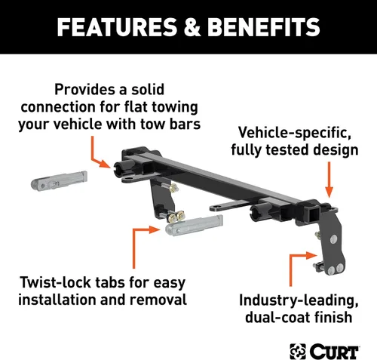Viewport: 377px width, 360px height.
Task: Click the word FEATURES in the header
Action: click(117, 27)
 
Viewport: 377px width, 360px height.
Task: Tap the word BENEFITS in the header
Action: click(264, 27)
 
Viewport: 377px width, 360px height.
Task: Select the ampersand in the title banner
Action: click(192, 27)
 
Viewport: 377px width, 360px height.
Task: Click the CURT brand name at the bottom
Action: click(334, 351)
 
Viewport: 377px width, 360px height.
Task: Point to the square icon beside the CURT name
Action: click(298, 351)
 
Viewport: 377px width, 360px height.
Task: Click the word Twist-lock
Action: click(55, 282)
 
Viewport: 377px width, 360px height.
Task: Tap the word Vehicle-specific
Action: click(295, 132)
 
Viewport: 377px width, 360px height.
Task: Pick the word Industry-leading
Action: click(299, 300)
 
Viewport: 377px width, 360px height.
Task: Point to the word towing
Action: click(175, 107)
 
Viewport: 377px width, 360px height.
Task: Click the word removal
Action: click(158, 300)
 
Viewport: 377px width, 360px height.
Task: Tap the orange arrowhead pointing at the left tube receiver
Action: click(105, 164)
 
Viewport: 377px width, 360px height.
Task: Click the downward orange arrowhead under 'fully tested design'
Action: click(329, 192)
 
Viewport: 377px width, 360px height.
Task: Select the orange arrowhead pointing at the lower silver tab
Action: click(155, 229)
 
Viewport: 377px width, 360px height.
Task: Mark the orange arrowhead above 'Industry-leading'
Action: click(311, 256)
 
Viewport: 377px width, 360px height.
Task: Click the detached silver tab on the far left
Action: click(60, 180)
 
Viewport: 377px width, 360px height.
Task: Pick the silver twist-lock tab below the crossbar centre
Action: click(194, 225)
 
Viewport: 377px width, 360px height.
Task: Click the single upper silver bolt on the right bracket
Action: click(333, 239)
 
